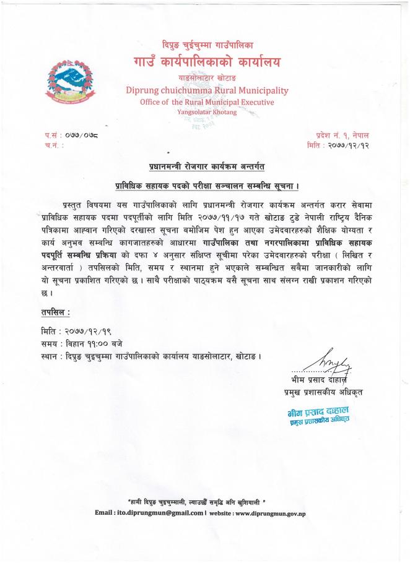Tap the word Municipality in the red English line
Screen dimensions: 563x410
258,90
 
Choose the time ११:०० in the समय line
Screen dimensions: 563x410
108,343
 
